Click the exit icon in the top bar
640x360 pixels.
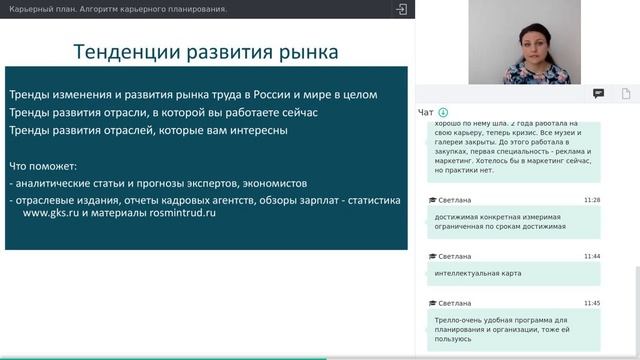pos(401,9)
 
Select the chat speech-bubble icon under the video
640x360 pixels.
pos(598,93)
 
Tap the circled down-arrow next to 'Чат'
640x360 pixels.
pos(443,112)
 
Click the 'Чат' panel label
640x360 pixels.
pos(426,112)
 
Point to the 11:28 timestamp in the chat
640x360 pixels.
pos(592,200)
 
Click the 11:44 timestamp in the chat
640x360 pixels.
pos(592,256)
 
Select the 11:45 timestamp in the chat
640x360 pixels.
pos(592,302)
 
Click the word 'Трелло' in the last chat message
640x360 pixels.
pos(450,318)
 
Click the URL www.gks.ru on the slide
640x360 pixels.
pos(52,213)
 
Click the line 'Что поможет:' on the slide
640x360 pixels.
pos(43,165)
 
